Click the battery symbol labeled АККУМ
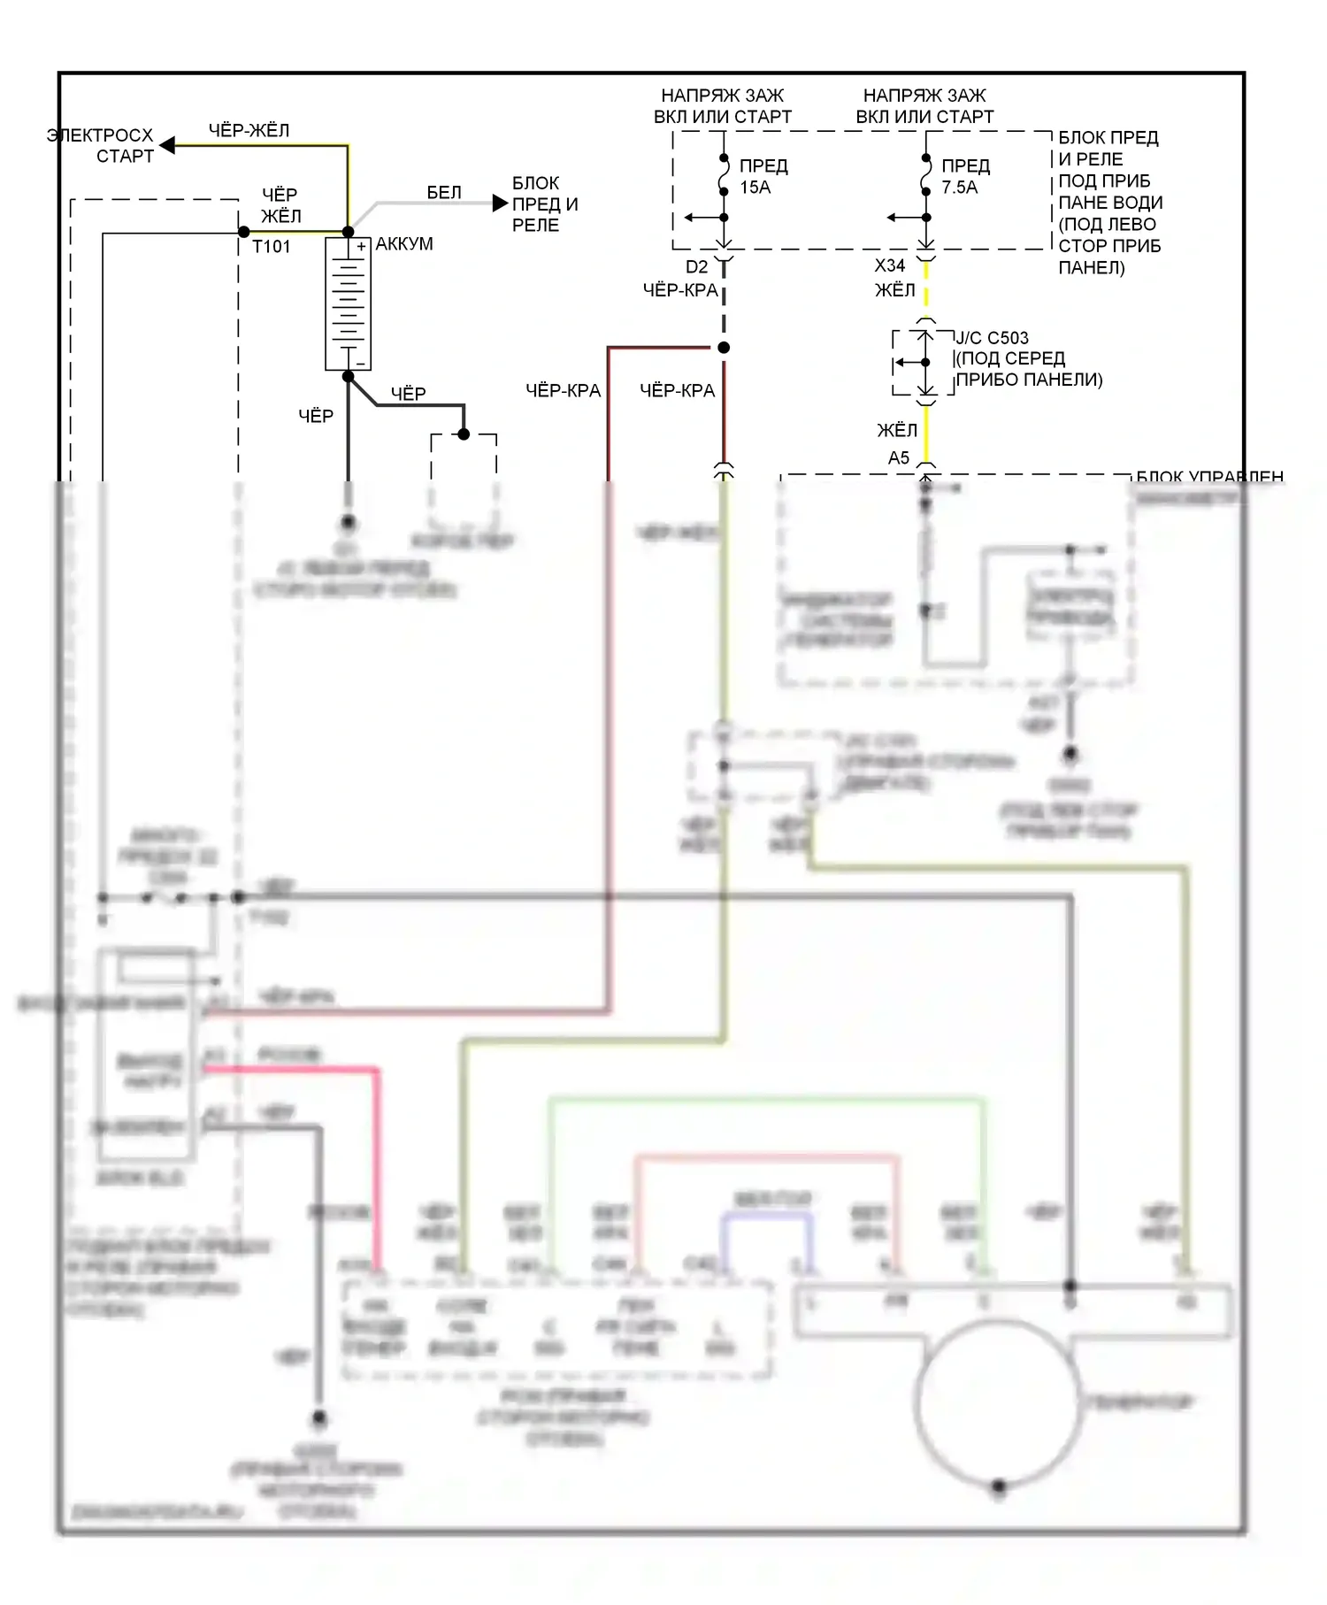point(348,303)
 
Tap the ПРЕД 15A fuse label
point(763,177)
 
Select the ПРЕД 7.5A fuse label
point(965,177)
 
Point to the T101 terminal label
point(271,247)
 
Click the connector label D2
point(697,267)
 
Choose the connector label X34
point(890,265)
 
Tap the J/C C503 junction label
point(992,338)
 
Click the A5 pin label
point(899,457)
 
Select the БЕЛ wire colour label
point(444,193)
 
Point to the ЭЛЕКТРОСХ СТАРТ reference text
point(100,146)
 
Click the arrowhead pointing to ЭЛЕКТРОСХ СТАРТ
point(167,145)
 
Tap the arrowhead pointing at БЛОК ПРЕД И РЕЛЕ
point(500,204)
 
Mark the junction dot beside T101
point(244,232)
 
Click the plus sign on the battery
point(361,247)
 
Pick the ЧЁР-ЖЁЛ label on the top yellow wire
point(249,131)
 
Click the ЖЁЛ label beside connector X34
point(895,290)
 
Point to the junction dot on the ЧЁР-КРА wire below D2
point(724,348)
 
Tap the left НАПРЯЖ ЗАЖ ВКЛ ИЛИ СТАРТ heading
point(722,106)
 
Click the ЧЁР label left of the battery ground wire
point(316,416)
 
